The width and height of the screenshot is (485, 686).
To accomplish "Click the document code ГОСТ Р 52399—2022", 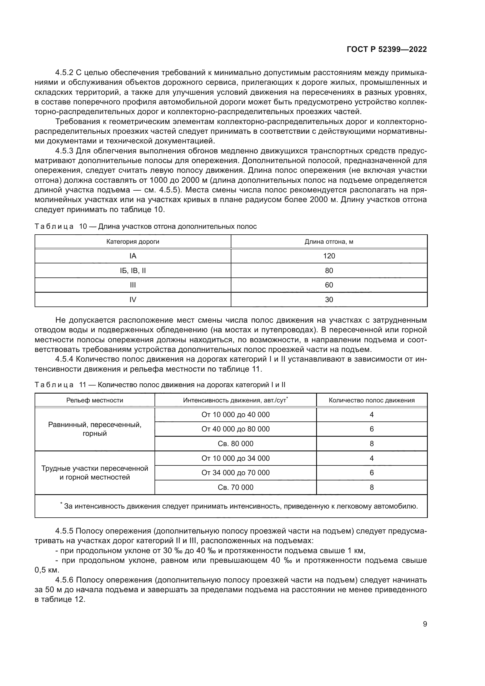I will [387, 50].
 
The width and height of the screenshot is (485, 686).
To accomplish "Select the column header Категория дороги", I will [133, 241].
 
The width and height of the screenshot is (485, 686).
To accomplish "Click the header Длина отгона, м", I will [329, 241].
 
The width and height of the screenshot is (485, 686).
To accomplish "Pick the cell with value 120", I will [329, 256].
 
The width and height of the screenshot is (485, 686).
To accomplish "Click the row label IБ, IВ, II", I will [133, 270].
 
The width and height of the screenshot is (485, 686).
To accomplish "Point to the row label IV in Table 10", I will [133, 299].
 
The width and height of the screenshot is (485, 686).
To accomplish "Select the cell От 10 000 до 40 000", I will [235, 414].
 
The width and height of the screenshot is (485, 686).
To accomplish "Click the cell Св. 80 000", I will [235, 443].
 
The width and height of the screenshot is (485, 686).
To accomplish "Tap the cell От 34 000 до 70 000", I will [235, 473].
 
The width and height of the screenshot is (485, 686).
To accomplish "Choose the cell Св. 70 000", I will [235, 487].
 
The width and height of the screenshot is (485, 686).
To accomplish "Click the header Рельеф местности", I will [95, 400].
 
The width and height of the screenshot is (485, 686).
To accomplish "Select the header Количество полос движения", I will [372, 400].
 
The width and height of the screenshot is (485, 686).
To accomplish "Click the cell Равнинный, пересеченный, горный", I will [95, 429].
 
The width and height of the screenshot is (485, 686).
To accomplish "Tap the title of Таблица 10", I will [145, 226].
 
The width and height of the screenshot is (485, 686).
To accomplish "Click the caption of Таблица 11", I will [160, 385].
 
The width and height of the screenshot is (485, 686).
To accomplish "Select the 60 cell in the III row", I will [329, 285].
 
